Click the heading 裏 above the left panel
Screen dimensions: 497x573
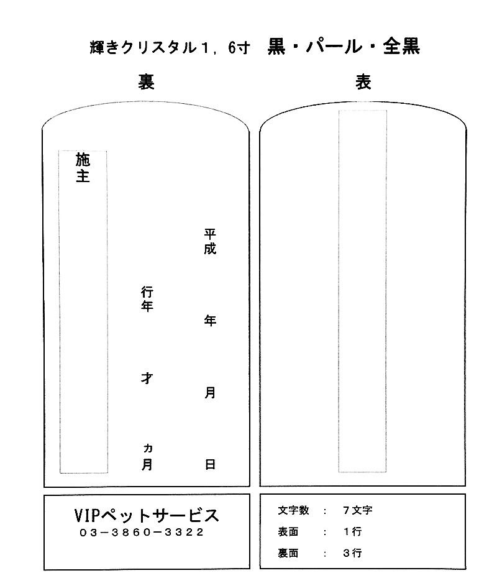tap(146, 82)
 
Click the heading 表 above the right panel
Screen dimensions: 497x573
tap(363, 82)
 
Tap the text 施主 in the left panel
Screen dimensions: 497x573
tap(83, 168)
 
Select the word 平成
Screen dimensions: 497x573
tap(210, 242)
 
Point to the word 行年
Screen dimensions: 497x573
tap(147, 299)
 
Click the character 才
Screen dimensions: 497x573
tap(147, 378)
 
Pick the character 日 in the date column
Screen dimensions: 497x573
tap(210, 464)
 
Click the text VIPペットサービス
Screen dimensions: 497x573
tap(147, 515)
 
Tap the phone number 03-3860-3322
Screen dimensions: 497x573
tap(142, 533)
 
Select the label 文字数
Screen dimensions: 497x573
tap(294, 511)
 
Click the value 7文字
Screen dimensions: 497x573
tap(357, 511)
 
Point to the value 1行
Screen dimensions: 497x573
tap(352, 532)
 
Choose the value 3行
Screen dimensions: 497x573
tap(352, 552)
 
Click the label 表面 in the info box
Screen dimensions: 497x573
tap(288, 532)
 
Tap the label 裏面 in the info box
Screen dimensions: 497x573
tap(288, 552)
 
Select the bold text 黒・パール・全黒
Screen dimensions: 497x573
tap(344, 47)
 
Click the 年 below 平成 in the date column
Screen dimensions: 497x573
tap(210, 321)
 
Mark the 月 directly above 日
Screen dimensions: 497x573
tap(210, 393)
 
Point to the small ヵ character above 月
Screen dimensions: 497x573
tap(147, 449)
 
